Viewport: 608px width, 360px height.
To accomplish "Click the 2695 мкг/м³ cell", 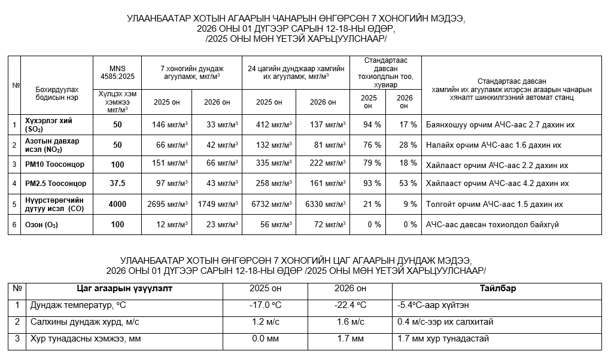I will [167, 205].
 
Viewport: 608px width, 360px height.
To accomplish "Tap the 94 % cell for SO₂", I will [372, 125].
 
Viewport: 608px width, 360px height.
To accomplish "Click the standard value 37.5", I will [117, 184].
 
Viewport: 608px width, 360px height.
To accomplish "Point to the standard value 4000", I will [117, 205].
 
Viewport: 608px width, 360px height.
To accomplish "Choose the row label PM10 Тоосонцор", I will [55, 164].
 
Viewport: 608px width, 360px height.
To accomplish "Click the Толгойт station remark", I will [494, 205].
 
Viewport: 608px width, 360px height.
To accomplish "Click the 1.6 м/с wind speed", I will [350, 322].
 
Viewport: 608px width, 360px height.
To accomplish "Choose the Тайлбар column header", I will [497, 289].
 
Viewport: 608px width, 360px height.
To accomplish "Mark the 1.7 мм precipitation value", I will [350, 339].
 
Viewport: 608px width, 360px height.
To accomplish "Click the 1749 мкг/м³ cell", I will [218, 205].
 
